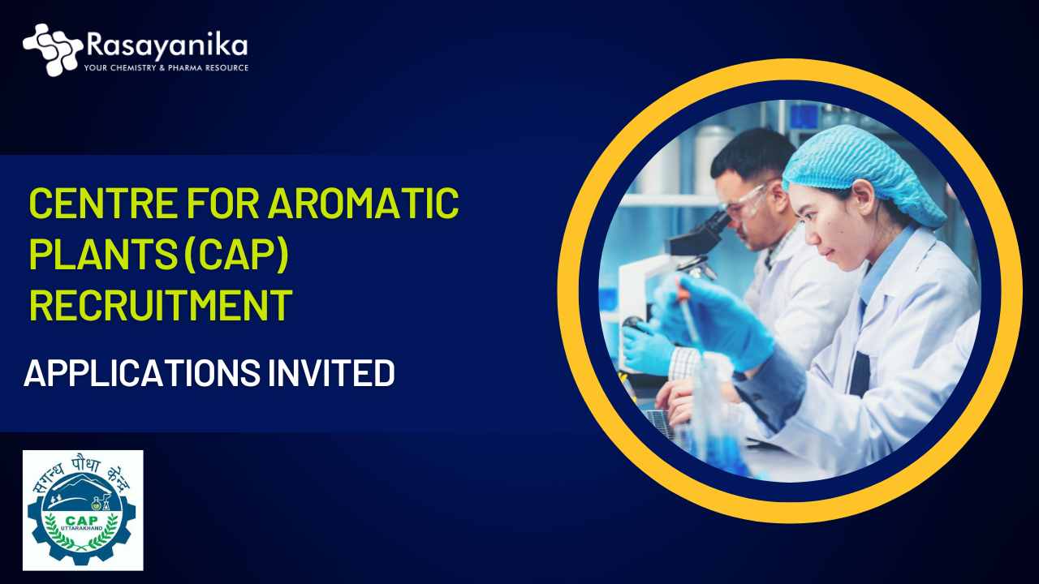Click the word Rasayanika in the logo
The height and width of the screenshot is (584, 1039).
166,46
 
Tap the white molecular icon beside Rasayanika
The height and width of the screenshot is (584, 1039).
53,49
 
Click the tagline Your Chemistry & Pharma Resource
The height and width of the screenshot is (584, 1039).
166,68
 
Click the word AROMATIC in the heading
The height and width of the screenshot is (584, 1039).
364,203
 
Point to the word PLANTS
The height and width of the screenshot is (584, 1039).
103,254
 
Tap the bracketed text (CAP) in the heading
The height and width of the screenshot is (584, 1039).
236,254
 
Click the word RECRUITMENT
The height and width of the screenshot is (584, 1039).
161,304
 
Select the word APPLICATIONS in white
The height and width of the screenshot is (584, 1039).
142,373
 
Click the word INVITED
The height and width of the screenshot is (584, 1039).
332,373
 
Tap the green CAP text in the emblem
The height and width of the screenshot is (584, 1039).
82,522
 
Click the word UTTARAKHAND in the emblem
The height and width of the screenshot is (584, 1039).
82,529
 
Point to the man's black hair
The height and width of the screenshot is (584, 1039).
752,153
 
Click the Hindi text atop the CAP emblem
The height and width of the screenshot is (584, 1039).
82,473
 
